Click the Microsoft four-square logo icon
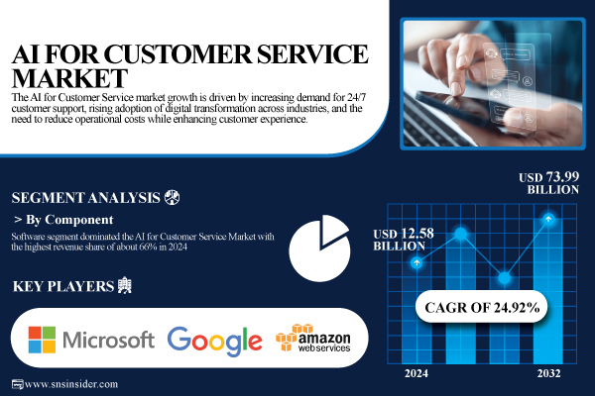[x=42, y=340]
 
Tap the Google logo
[x=215, y=341]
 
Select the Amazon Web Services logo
[x=313, y=338]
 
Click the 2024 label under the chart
[x=416, y=373]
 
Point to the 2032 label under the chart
[x=548, y=373]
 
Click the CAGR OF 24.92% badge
[x=482, y=307]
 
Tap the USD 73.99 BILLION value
[x=549, y=183]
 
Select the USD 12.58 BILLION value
[x=404, y=240]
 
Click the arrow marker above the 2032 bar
[x=548, y=219]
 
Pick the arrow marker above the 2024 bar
[x=416, y=262]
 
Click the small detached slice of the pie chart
[x=333, y=231]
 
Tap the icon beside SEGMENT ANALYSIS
[x=172, y=197]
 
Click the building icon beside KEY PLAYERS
[x=125, y=285]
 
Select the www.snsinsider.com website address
[x=71, y=384]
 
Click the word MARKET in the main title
[x=69, y=78]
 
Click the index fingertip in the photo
[x=454, y=90]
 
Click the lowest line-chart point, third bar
[x=505, y=278]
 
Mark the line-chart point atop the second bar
[x=461, y=234]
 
